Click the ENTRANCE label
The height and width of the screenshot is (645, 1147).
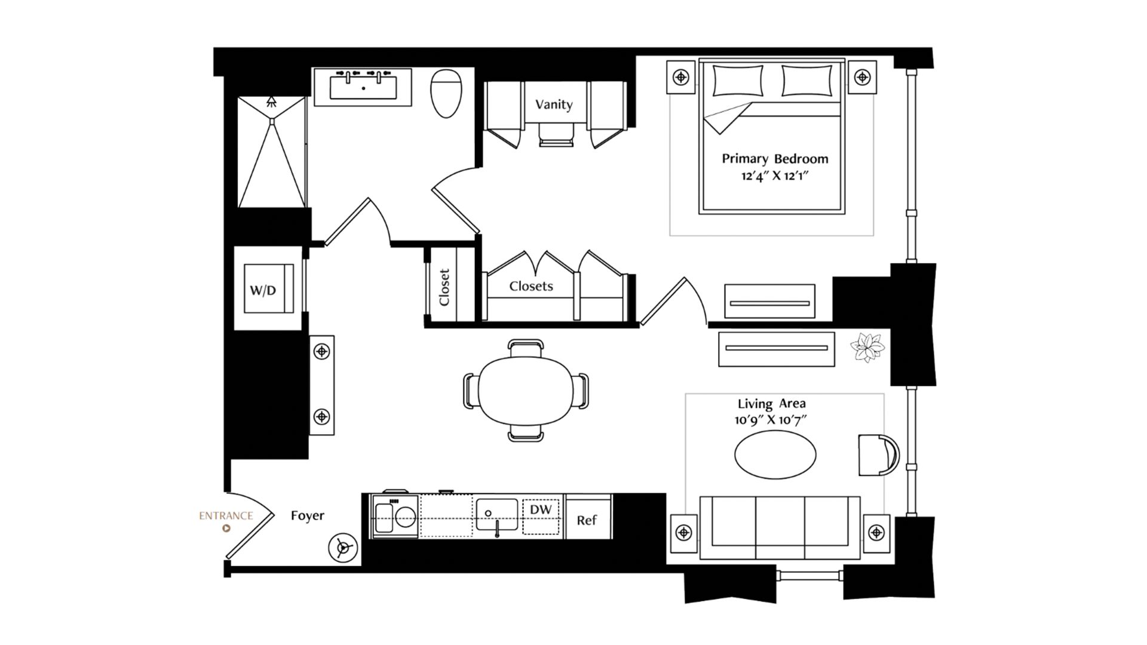click(226, 515)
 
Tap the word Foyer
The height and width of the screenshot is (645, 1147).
click(308, 515)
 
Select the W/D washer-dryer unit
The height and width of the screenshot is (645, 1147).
click(269, 288)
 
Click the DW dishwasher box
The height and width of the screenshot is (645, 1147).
click(541, 517)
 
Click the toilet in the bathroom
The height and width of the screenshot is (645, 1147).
click(446, 93)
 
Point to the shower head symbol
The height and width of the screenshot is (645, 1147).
click(272, 101)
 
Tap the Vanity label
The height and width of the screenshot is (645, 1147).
click(554, 105)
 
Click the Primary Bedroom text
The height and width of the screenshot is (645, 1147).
click(775, 159)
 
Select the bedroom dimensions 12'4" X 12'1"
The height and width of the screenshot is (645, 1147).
click(775, 176)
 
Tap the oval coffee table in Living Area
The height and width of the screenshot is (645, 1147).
click(775, 454)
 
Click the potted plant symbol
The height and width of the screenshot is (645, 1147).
click(867, 348)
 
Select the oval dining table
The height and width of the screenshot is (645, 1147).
click(526, 391)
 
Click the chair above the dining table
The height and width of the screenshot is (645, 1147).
click(526, 348)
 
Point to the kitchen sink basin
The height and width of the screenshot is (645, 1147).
click(496, 514)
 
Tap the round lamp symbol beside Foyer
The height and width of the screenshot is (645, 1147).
click(343, 548)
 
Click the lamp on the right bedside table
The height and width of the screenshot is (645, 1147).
click(862, 77)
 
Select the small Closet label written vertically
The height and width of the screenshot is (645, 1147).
click(444, 287)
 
